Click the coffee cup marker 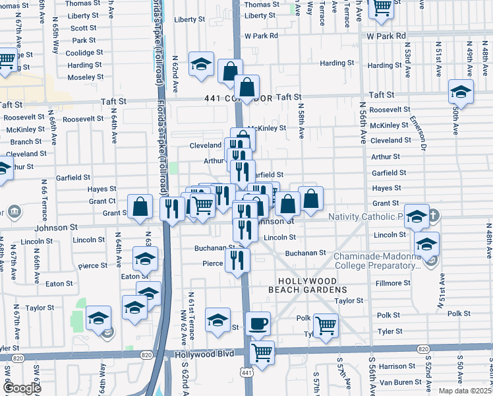[x=258, y=323]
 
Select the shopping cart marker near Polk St [x=326, y=325]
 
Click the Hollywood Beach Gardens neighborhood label [x=307, y=284]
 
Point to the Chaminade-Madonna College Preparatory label [x=376, y=261]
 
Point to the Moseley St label [x=82, y=77]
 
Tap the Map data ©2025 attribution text [x=465, y=391]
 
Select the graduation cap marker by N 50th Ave [x=460, y=92]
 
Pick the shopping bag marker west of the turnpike [x=140, y=207]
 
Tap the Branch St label [x=26, y=142]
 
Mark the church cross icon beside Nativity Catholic [x=434, y=216]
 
